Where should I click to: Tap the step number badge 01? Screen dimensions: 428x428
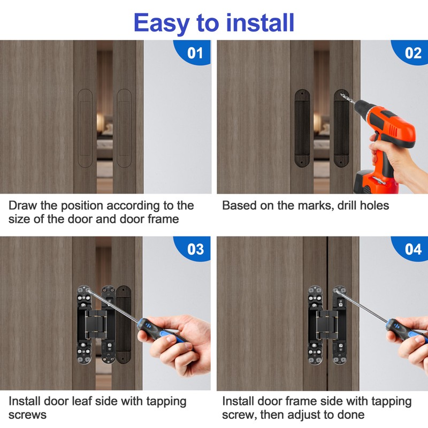point(195,53)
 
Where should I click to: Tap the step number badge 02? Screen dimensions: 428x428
point(412,53)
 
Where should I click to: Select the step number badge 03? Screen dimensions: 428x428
point(195,249)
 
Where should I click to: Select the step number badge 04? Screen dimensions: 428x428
point(412,249)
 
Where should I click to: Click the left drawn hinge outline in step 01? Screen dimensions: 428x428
point(85,128)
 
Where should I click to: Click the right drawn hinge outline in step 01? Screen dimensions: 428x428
point(124,128)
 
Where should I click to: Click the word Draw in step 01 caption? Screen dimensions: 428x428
point(21,205)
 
